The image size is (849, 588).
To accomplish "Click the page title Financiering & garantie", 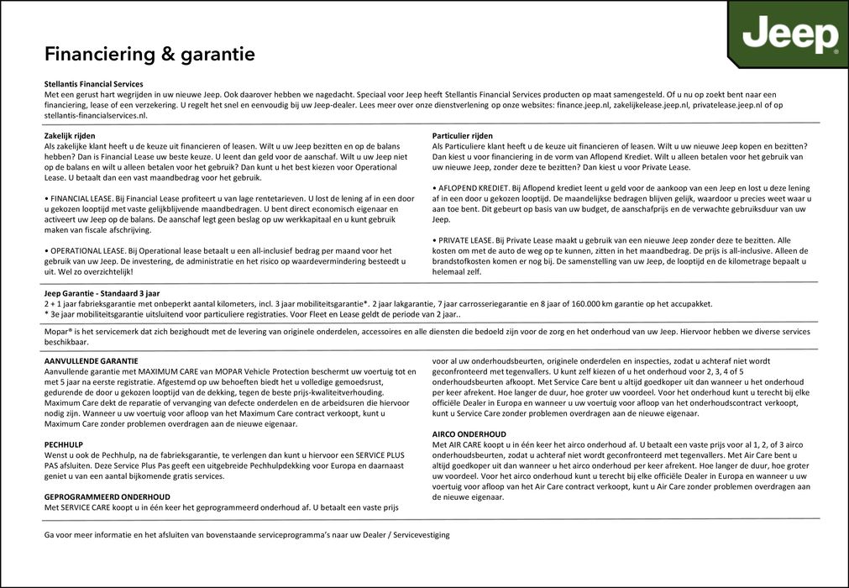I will [x=149, y=55].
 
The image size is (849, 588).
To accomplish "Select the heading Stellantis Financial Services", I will [x=93, y=84].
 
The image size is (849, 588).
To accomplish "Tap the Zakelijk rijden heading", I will [x=70, y=135].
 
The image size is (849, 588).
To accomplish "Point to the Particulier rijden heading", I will [x=462, y=135].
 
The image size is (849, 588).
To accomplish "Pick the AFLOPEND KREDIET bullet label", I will [x=471, y=187].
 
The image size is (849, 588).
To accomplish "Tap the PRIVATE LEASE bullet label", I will [x=465, y=239].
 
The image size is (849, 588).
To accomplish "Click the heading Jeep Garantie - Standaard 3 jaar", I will [x=102, y=293].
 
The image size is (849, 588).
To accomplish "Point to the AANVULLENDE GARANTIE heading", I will [x=92, y=360].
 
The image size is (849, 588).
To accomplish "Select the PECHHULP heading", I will [x=63, y=444].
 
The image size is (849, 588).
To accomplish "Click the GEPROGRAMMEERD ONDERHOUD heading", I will [x=107, y=496].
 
